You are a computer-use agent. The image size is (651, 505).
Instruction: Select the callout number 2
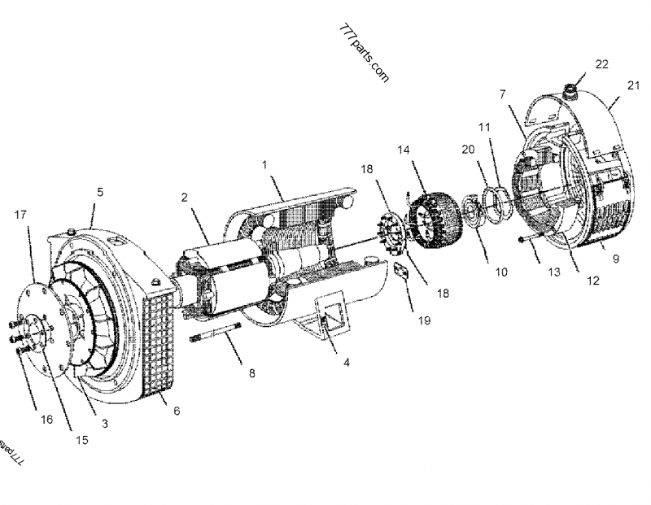point(185,197)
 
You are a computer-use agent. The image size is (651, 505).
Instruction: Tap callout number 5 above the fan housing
point(100,193)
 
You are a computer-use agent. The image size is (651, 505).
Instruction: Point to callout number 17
point(20,215)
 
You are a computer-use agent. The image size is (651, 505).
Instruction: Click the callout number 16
point(46,420)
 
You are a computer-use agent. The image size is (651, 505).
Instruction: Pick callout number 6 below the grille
point(177,411)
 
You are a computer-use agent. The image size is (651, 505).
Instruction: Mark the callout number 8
point(251,374)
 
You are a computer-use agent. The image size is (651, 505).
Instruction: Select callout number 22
point(601,63)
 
